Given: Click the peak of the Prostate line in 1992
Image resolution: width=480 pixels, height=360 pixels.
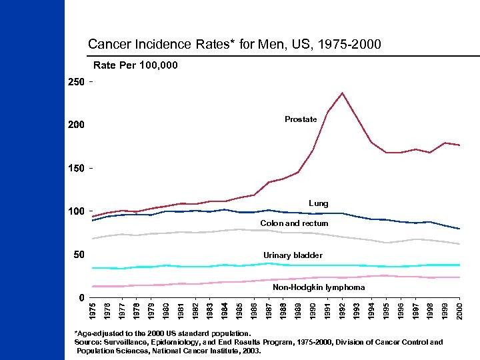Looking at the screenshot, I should click(342, 93).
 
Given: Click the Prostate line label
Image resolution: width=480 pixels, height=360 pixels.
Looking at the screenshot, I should click(301, 119).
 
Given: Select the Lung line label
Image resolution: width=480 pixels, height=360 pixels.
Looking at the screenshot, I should click(318, 203).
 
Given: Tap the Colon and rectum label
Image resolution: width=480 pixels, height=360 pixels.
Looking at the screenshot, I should click(294, 223).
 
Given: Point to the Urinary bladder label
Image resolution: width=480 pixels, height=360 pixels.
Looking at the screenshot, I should click(293, 255).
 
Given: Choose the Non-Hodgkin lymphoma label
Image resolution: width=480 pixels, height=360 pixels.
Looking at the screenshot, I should click(319, 287).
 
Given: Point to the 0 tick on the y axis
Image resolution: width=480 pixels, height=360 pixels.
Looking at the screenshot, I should click(81, 297).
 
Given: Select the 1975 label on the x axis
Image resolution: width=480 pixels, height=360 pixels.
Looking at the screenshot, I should click(93, 311).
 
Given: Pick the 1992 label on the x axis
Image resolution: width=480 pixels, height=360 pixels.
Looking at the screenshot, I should click(342, 311).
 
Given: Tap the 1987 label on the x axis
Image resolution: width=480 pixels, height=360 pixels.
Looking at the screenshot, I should click(269, 311).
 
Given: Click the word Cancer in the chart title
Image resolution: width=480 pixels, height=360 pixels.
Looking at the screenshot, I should click(108, 45).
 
